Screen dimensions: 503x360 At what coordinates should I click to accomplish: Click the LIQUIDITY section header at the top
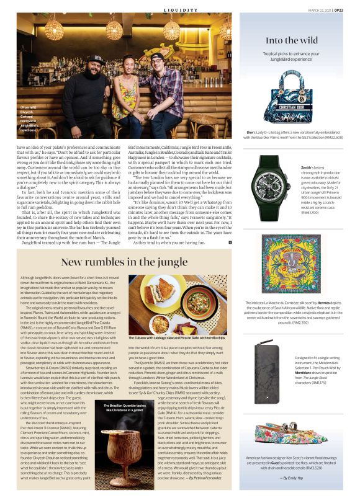click(x=181, y=9)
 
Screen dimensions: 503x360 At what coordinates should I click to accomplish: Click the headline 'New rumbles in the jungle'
click(x=124, y=262)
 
